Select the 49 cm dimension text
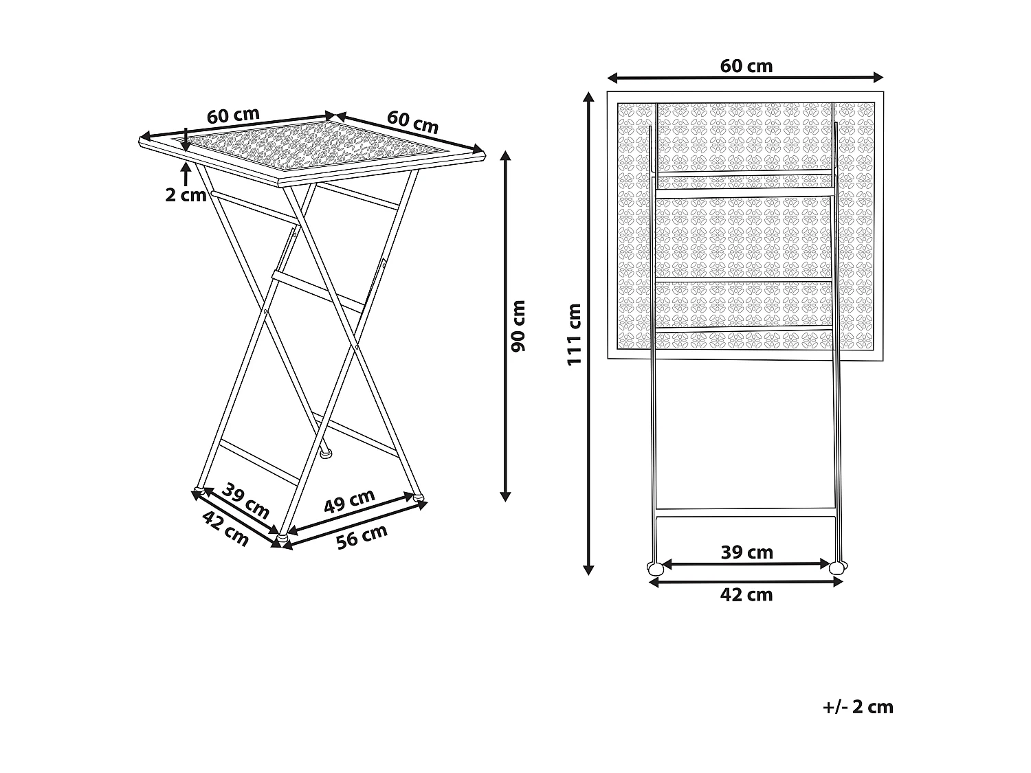click(x=350, y=501)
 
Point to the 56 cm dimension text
click(x=362, y=536)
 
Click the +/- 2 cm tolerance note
click(x=858, y=707)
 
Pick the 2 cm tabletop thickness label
click(x=186, y=194)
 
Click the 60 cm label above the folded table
click(x=746, y=66)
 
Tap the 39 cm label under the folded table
click(x=746, y=552)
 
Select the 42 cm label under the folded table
click(x=746, y=595)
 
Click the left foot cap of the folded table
click(x=655, y=568)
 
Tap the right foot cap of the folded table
click(x=838, y=568)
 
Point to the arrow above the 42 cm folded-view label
click(x=746, y=582)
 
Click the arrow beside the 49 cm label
click(x=354, y=515)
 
